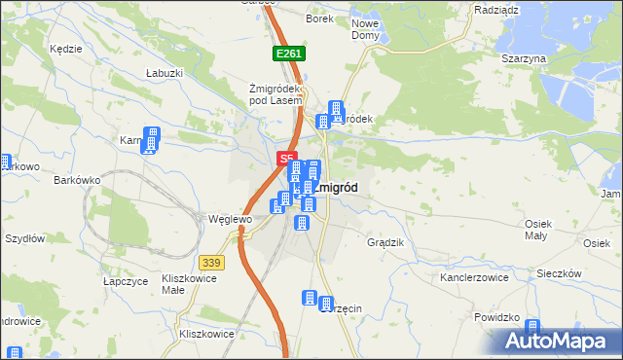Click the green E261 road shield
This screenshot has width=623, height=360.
(x=289, y=54)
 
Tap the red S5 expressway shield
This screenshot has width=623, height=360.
(x=285, y=157)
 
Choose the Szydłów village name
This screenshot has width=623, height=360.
(x=25, y=238)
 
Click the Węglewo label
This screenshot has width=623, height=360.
(x=230, y=220)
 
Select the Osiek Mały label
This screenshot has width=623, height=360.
(x=538, y=230)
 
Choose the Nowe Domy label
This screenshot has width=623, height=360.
(x=365, y=29)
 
